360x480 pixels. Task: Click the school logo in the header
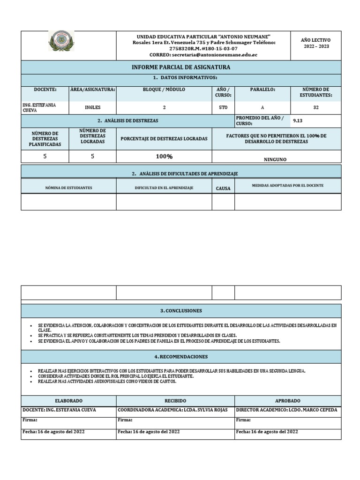tap(61, 41)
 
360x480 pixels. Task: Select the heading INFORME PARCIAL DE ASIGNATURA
tap(180, 67)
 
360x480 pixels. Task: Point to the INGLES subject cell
tap(92, 107)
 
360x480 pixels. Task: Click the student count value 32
tap(315, 107)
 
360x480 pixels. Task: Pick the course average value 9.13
tap(298, 120)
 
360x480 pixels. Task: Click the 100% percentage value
tap(164, 157)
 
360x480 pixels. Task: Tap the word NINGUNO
tap(276, 159)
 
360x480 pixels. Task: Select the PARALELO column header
tap(262, 89)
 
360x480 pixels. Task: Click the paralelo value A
tap(262, 107)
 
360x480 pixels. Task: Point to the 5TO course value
tap(223, 107)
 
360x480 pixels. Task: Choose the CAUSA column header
tap(223, 188)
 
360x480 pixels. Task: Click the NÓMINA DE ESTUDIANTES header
tap(68, 188)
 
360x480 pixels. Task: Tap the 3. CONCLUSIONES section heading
tap(180, 311)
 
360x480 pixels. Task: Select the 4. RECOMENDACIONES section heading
tap(180, 357)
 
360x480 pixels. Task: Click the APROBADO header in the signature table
tap(288, 401)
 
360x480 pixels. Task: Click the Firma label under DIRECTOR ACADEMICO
tap(243, 420)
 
